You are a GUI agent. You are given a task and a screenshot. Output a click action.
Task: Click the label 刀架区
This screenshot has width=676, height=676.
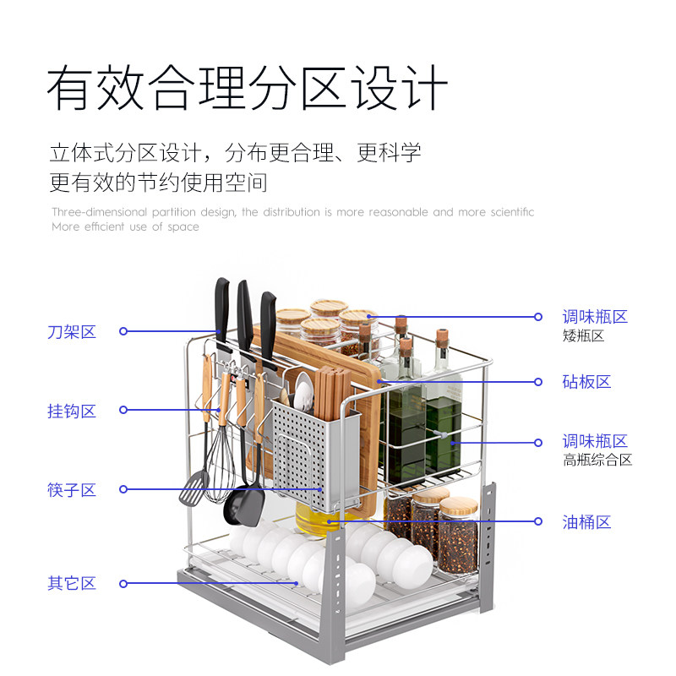pyautogui.click(x=72, y=332)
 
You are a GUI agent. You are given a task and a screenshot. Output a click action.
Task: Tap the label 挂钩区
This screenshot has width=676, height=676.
pyautogui.click(x=72, y=412)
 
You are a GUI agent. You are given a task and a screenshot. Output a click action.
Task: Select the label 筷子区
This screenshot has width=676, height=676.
pyautogui.click(x=72, y=490)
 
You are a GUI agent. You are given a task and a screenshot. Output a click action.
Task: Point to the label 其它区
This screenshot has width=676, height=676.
pyautogui.click(x=72, y=583)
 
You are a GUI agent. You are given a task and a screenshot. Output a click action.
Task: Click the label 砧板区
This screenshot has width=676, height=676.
pyautogui.click(x=586, y=382)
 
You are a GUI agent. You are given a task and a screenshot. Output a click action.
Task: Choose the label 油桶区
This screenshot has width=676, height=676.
pyautogui.click(x=586, y=522)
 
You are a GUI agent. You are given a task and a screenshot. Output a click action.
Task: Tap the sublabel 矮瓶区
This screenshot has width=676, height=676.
pyautogui.click(x=583, y=336)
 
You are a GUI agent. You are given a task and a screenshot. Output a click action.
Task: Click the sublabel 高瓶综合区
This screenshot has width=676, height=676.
pyautogui.click(x=597, y=461)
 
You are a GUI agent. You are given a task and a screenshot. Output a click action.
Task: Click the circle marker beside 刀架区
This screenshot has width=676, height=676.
pyautogui.click(x=123, y=331)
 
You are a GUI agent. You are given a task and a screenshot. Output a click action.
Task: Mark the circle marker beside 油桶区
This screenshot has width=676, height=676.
pyautogui.click(x=538, y=521)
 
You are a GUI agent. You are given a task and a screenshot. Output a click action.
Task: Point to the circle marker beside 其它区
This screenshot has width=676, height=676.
pyautogui.click(x=123, y=583)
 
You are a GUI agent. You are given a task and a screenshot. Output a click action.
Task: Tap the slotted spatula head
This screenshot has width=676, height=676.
pyautogui.click(x=194, y=488)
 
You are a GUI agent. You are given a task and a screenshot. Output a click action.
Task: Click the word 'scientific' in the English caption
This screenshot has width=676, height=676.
pyautogui.click(x=510, y=212)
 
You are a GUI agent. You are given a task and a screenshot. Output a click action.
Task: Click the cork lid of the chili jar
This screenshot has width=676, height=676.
pyautogui.click(x=459, y=506)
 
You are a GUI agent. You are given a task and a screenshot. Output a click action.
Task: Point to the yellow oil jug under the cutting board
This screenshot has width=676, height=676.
pyautogui.click(x=322, y=521)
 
